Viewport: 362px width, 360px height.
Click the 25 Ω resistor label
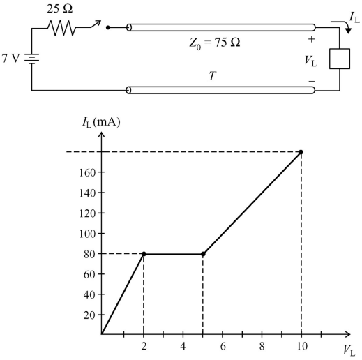click(60, 9)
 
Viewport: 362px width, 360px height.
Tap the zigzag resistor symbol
click(61, 28)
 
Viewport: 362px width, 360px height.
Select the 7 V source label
click(10, 59)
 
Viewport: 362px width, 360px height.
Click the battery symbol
click(31, 59)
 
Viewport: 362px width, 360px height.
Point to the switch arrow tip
click(100, 21)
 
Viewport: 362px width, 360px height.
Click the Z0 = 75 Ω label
click(215, 43)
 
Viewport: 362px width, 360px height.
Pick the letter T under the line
click(213, 76)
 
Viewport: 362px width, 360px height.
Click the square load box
click(340, 59)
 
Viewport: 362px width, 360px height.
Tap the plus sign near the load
click(312, 39)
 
